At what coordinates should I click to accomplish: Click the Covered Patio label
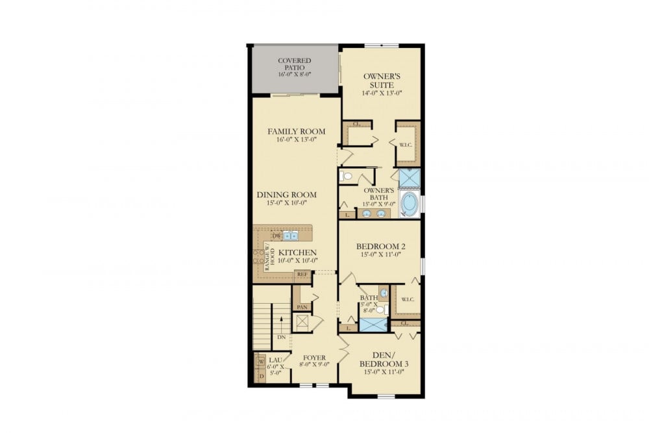295,65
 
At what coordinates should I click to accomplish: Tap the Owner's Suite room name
381,80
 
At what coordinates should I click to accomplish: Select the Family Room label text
297,132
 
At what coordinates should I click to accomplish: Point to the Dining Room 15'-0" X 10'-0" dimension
286,204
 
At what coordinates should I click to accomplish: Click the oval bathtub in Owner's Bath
410,204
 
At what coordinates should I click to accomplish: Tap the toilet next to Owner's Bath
345,176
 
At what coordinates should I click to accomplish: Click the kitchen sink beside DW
290,236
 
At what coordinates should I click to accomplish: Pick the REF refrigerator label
302,275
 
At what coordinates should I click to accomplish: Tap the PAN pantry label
301,307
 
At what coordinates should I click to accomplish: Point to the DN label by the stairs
281,337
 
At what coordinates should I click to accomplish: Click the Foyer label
315,357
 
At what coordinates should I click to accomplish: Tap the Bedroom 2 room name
382,247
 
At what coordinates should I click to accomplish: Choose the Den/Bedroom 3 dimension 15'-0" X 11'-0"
384,372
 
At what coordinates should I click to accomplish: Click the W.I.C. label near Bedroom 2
408,299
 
